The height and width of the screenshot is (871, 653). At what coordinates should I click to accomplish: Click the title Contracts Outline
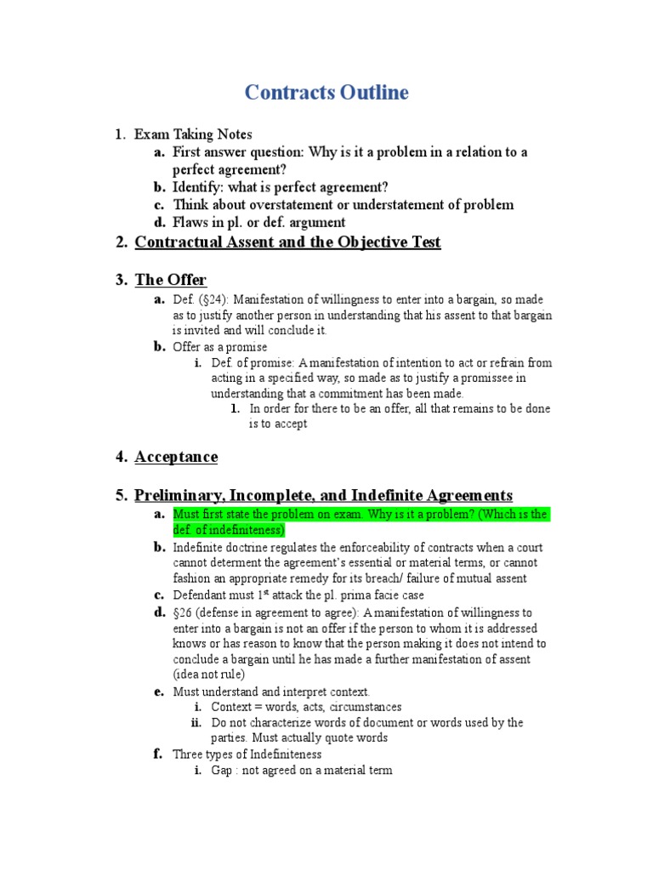(326, 93)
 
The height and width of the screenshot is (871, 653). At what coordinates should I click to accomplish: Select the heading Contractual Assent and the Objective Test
(287, 242)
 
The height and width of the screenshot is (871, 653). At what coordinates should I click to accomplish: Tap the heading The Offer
(170, 280)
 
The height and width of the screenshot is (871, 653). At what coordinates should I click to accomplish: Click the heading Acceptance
(176, 457)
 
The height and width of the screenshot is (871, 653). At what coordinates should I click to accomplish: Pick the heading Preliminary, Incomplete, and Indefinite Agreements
(323, 495)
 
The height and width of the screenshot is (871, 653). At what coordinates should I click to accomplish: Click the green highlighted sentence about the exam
(361, 522)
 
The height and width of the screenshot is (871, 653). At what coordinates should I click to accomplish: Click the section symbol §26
(185, 613)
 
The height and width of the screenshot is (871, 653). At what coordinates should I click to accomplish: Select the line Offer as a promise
(219, 347)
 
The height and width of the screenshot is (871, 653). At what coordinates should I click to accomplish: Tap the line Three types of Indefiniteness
(247, 754)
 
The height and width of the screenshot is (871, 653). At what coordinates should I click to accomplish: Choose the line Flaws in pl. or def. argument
(258, 223)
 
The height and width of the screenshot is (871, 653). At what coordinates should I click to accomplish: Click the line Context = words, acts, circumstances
(306, 707)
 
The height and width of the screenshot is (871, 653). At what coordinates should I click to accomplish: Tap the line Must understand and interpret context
(271, 692)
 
